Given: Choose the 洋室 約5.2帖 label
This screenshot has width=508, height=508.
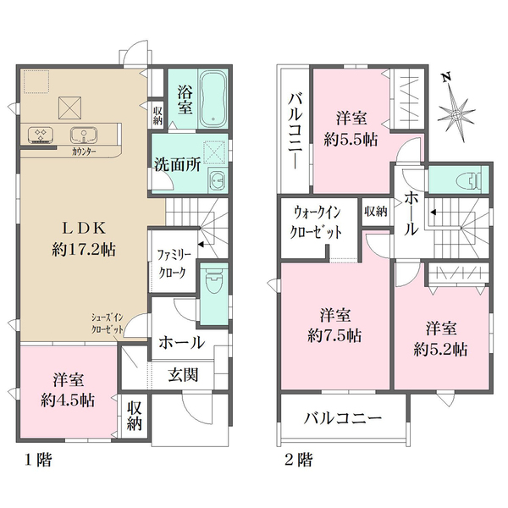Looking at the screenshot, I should point(442,336).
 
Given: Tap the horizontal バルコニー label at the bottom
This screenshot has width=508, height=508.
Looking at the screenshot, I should point(343,418).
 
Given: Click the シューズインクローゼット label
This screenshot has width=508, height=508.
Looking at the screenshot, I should point(112,324).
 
